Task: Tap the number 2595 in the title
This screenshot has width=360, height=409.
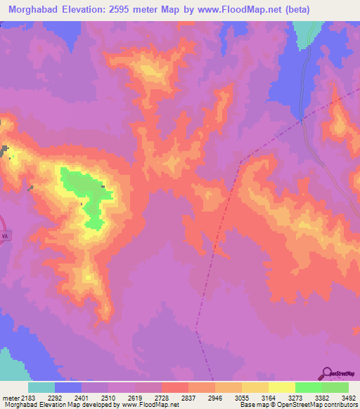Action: point(129,10)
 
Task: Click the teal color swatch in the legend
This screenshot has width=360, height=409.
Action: point(41,388)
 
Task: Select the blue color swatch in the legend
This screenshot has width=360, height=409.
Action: point(68,388)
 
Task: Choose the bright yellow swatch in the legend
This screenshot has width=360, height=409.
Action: point(282,388)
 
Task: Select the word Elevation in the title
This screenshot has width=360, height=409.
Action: point(89,10)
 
